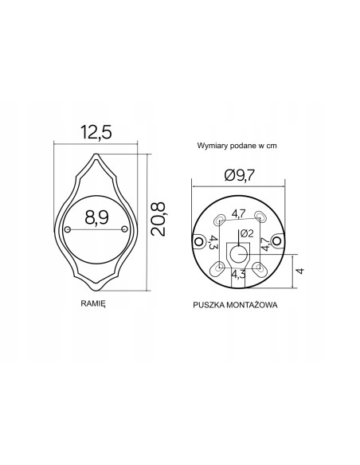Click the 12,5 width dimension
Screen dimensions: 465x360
(95, 129)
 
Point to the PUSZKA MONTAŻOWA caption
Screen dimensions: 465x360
(234, 305)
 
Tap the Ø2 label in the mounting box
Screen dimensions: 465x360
(246, 233)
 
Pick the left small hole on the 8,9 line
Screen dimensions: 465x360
(68, 230)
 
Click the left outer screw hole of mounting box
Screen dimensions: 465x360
(201, 238)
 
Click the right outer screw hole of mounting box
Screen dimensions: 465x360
(276, 238)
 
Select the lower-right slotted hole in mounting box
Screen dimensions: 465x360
(259, 270)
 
